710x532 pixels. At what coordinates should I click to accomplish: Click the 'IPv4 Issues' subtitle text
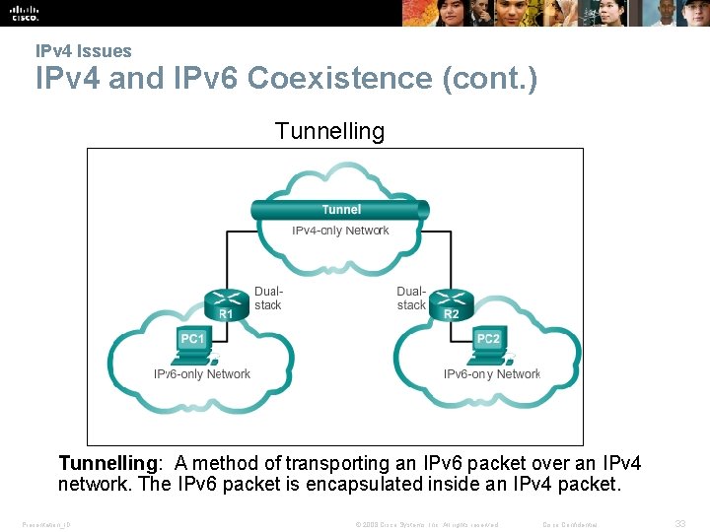click(x=83, y=51)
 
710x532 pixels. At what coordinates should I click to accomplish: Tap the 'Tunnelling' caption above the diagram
click(x=329, y=131)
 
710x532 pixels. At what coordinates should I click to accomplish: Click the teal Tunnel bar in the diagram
click(x=340, y=209)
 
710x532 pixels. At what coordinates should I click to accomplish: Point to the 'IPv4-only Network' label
click(x=340, y=231)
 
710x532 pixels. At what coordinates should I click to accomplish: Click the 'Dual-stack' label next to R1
click(x=268, y=299)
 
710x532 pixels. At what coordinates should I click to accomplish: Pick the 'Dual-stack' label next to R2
click(x=410, y=299)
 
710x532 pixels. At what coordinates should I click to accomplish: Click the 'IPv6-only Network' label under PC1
click(x=202, y=374)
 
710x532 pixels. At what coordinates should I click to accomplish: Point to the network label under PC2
click(x=491, y=374)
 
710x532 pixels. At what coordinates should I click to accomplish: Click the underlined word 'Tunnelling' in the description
click(x=108, y=463)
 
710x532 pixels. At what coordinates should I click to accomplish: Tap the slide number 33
click(x=679, y=524)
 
